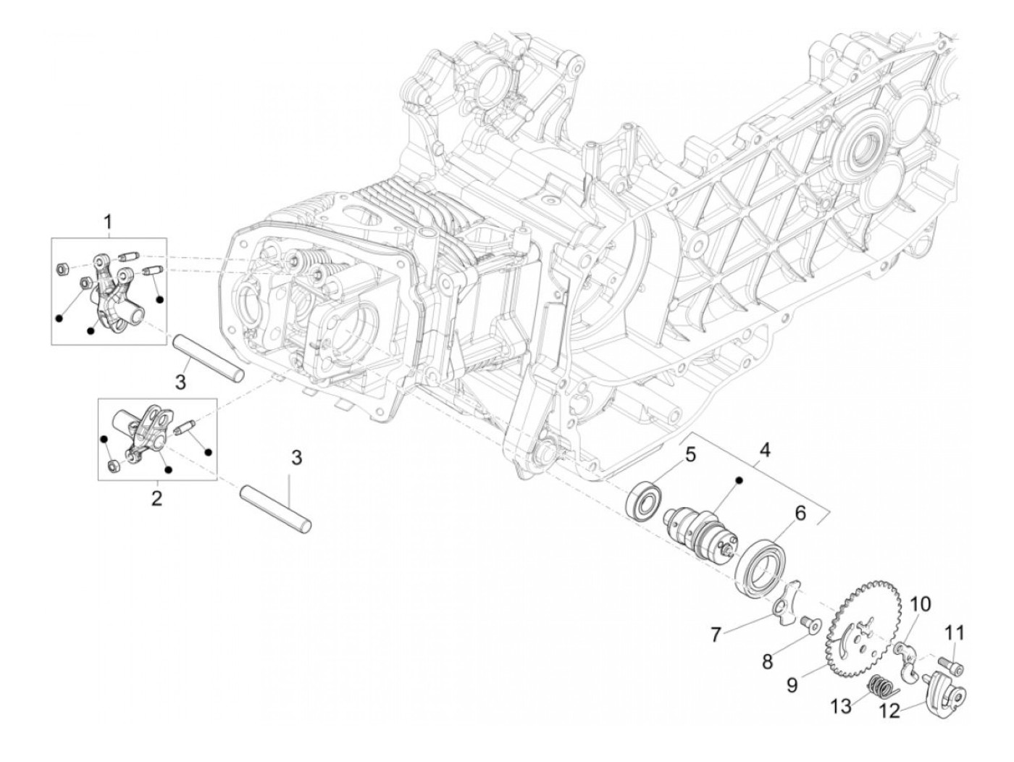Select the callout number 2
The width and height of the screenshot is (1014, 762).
(x=156, y=498)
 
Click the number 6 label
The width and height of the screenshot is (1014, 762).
(x=800, y=514)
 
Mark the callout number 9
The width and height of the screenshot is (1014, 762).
(x=792, y=684)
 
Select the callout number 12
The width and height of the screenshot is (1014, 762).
(x=890, y=711)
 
